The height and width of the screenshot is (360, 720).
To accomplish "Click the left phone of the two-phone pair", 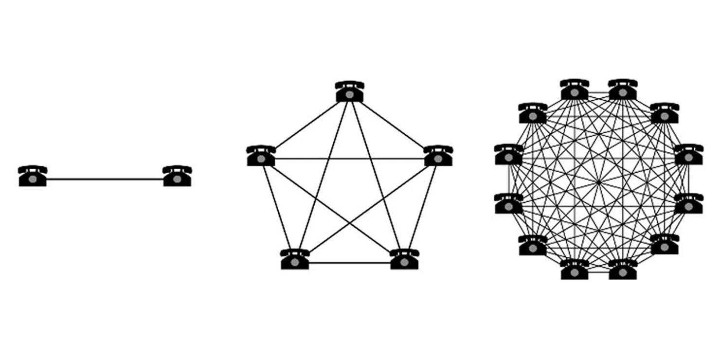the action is pos(33,176).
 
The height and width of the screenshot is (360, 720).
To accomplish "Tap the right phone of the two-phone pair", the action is pos(177,176).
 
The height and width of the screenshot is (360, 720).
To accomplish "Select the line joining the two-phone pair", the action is pos(105,179).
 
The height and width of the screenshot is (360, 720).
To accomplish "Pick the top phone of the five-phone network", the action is pos(349,92).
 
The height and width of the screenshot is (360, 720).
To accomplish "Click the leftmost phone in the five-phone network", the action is pos(261,156).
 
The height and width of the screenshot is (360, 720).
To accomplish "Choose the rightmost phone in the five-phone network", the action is pos(438,156).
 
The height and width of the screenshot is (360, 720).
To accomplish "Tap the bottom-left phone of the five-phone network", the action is pos(295,259).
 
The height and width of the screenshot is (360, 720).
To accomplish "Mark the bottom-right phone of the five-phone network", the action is pos(404,259).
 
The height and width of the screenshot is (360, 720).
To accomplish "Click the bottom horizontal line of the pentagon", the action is pos(349,263).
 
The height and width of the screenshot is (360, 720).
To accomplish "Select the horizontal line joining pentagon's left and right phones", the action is pos(349,159).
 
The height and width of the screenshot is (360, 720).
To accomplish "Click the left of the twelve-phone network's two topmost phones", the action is pos(575,90).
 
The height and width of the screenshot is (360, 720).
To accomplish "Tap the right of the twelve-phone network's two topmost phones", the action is pos(623,90).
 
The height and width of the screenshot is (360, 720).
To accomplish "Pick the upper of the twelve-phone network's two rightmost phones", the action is pos(688,155).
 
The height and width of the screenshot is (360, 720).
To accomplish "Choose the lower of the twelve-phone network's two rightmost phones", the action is pos(688,204).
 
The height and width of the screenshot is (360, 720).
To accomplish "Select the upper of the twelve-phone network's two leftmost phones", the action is pos(509,155).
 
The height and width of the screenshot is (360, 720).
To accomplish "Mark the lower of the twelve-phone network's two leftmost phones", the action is pos(509,204).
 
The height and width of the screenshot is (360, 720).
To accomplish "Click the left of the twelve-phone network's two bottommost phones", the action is pos(575,270).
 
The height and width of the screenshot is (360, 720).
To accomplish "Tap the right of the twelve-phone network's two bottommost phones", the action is pos(623,270).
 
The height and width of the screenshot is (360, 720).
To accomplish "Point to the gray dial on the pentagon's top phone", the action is pos(349,95).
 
